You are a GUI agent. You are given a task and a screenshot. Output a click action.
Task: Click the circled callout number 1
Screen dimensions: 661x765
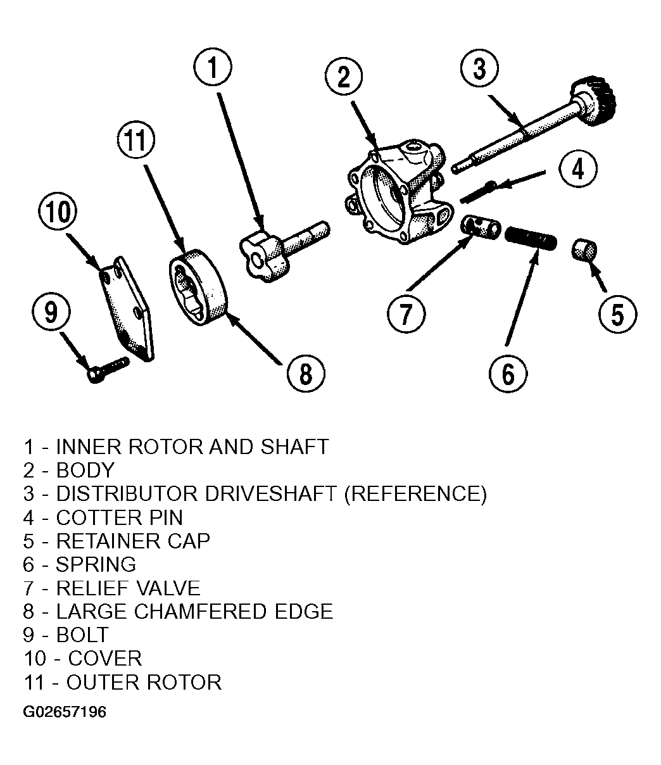pos(213,67)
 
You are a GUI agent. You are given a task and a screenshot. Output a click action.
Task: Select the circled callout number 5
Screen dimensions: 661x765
pos(618,314)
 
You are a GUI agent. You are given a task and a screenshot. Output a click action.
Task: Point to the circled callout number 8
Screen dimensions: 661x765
pos(306,374)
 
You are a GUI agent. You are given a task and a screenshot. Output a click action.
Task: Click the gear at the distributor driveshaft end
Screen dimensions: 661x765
pos(594,101)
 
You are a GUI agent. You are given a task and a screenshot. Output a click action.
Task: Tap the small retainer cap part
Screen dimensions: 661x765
pos(584,250)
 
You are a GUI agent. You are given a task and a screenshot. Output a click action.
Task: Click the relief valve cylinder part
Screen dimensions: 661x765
pos(481,227)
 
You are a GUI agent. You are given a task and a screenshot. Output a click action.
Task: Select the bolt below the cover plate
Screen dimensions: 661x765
pos(108,369)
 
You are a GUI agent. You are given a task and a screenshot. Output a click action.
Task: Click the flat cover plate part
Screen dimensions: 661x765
pos(127,308)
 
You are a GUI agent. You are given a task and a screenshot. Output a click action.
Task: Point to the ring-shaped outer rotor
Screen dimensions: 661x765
pos(198,288)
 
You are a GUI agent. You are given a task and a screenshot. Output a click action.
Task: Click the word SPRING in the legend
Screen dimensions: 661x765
pos(96,564)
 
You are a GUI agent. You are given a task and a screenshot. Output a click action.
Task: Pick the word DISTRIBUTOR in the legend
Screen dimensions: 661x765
pos(127,493)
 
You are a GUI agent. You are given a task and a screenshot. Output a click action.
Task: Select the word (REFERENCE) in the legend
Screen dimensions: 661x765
pos(415,494)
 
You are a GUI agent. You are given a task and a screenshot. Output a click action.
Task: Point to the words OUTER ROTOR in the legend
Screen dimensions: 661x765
pos(144,682)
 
